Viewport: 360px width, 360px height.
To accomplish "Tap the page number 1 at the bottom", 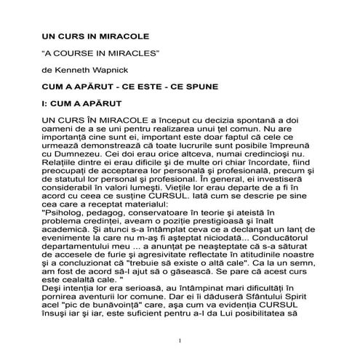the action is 180,341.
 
